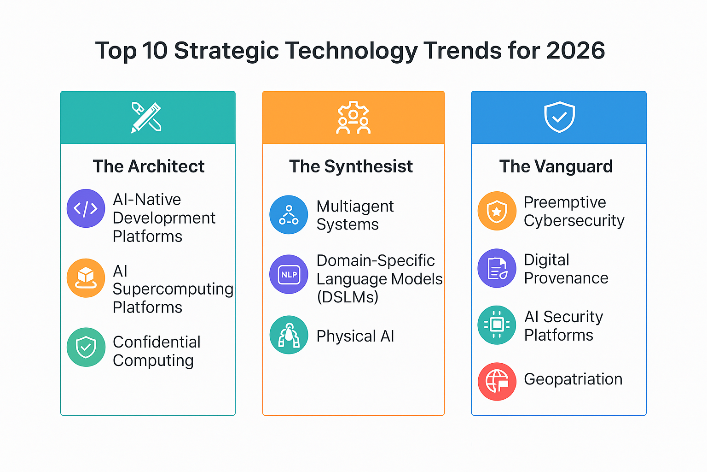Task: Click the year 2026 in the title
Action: tap(576, 51)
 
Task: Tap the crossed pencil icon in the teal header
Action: tap(146, 118)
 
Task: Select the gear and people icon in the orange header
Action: tap(353, 118)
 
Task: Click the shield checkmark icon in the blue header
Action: tap(559, 117)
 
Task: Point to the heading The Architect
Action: tap(149, 166)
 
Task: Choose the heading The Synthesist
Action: tap(351, 166)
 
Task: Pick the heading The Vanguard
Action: tap(556, 166)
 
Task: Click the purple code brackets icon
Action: tap(86, 208)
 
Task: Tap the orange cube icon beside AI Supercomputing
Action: tap(86, 278)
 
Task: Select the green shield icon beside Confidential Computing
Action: tap(86, 347)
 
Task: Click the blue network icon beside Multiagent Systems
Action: tap(289, 215)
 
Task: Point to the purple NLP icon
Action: tap(289, 274)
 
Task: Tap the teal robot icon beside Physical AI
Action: tap(289, 335)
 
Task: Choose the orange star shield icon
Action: tap(497, 211)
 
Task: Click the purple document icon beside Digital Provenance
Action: tap(497, 268)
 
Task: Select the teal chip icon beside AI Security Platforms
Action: tap(497, 324)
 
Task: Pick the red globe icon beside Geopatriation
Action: tap(497, 382)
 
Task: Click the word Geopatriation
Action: tap(573, 379)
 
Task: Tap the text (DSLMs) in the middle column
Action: tap(348, 297)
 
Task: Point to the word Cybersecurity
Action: tap(574, 221)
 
